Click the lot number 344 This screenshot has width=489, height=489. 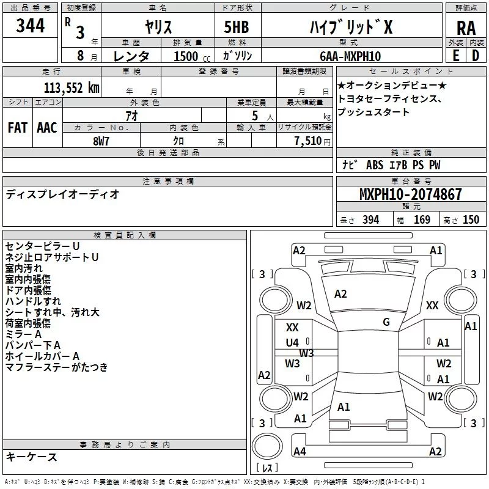[x=30, y=26]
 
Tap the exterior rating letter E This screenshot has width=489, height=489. [x=455, y=55]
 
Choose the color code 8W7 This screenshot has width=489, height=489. [x=101, y=140]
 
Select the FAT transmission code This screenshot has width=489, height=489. [x=17, y=127]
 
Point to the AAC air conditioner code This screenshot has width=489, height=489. [x=46, y=127]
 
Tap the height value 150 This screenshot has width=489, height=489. [x=471, y=219]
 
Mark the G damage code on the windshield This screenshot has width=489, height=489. [x=386, y=322]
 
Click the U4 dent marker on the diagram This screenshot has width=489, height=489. [x=292, y=342]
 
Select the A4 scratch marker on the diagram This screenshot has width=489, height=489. [x=299, y=451]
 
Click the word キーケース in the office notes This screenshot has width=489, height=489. [x=32, y=457]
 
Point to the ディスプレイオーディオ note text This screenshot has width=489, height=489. [x=62, y=194]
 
